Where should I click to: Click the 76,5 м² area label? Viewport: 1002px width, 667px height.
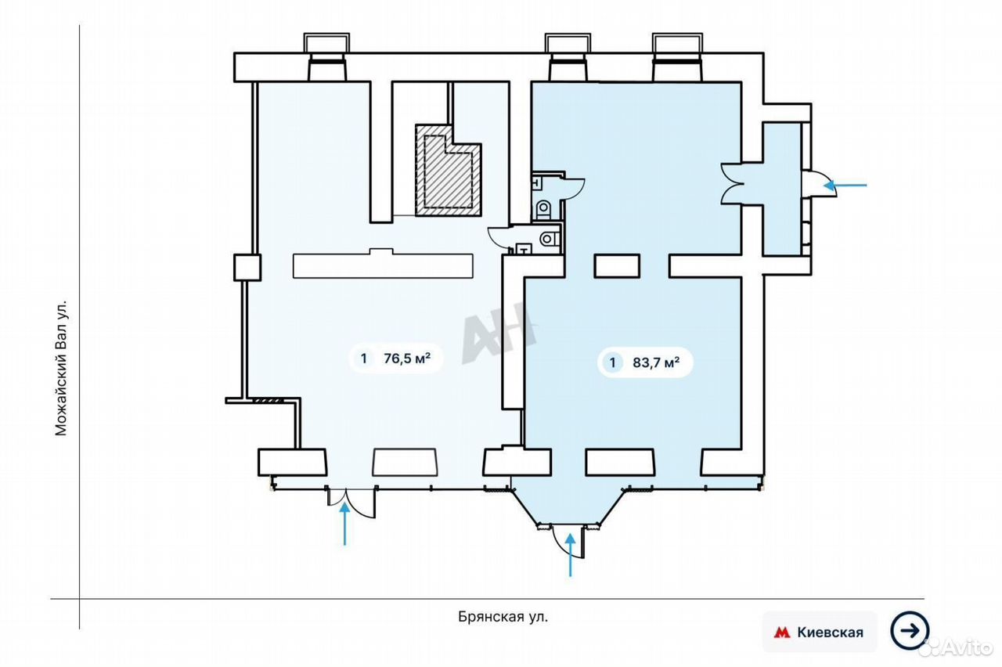[407, 359]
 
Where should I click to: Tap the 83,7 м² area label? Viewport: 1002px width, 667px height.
[656, 362]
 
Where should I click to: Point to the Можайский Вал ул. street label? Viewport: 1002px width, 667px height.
[61, 367]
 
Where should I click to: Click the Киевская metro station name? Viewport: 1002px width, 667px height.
[831, 633]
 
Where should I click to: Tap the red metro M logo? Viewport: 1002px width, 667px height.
[782, 633]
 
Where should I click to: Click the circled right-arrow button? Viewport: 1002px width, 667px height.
[910, 631]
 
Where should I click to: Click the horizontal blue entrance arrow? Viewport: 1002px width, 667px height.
[845, 185]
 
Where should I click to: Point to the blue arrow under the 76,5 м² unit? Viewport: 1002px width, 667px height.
[344, 524]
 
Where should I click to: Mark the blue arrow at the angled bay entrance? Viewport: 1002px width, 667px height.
[571, 555]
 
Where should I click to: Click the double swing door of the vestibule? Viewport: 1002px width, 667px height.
[732, 184]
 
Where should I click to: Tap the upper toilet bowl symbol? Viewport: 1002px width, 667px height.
[543, 209]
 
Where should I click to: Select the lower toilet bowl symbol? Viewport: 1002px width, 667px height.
[549, 239]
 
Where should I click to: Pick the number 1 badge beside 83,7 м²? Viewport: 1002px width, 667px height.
[613, 362]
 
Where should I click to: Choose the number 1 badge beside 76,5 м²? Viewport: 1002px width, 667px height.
[364, 359]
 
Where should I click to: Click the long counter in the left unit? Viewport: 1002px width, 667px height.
[383, 265]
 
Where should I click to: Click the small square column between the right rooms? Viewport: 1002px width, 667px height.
[617, 265]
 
